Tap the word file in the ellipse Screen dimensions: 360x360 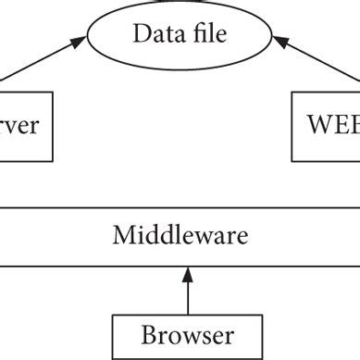click(x=205, y=35)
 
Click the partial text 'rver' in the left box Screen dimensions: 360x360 click(x=19, y=124)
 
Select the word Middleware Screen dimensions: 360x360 click(x=180, y=235)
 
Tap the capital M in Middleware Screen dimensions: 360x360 click(x=122, y=235)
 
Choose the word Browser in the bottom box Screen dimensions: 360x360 click(x=187, y=334)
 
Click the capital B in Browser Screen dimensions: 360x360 click(x=148, y=334)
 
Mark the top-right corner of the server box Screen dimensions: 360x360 click(x=53, y=91)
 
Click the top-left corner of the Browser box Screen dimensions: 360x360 click(x=113, y=316)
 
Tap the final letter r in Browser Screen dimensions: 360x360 click(x=229, y=336)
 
